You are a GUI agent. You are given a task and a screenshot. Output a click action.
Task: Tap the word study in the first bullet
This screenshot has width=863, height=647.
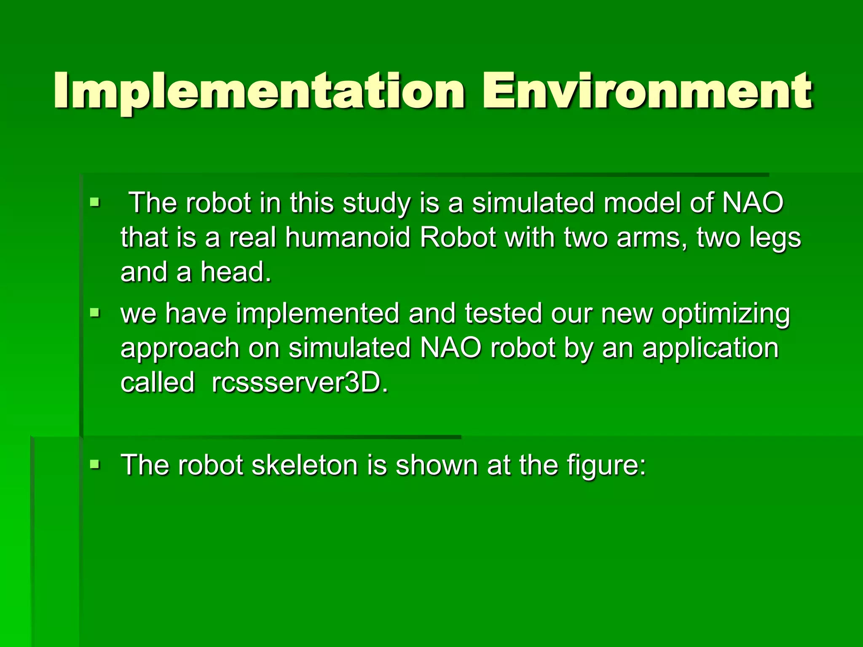tap(376, 203)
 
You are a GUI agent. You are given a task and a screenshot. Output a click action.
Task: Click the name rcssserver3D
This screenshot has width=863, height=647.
tap(300, 382)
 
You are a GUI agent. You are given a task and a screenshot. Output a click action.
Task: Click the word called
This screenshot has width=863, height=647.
tap(158, 382)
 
